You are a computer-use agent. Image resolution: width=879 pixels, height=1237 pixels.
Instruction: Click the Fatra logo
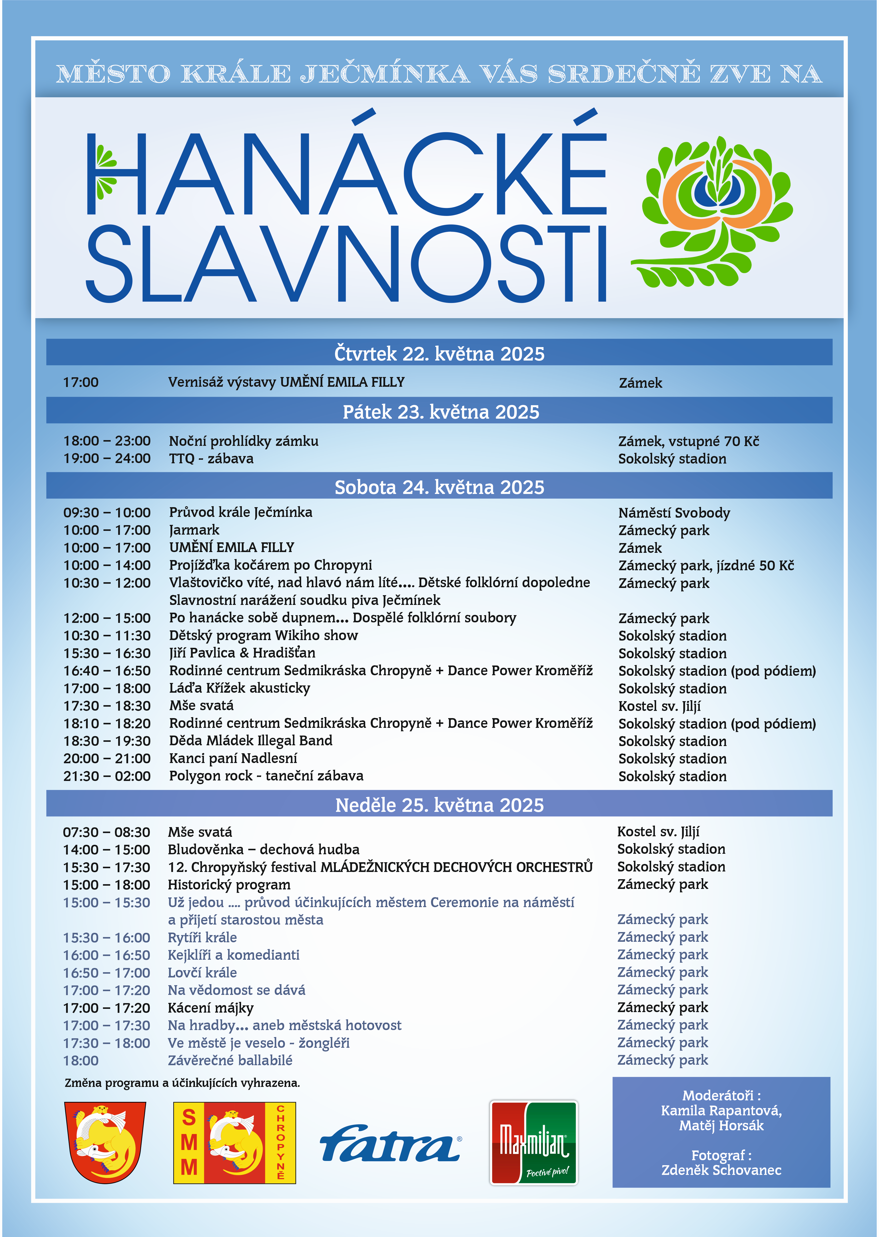(390, 1143)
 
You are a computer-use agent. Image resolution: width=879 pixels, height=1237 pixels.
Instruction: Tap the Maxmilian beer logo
(534, 1142)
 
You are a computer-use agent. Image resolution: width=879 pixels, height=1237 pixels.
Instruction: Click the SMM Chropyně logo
(234, 1142)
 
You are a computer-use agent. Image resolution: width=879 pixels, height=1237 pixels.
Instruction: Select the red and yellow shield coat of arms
(105, 1142)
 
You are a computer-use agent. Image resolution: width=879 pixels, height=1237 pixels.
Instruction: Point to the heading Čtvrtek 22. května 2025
(439, 354)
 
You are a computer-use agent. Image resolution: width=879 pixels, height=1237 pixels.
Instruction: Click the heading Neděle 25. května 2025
(439, 805)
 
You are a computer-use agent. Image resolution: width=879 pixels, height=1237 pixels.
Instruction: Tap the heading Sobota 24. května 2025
(439, 487)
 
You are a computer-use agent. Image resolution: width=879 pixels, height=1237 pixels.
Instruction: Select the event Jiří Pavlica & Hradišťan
(242, 653)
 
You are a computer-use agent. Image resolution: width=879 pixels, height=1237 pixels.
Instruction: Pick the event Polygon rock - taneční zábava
(266, 776)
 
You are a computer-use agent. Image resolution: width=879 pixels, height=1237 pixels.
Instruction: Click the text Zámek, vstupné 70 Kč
(689, 441)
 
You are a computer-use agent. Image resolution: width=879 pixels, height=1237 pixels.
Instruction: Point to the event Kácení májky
(211, 1007)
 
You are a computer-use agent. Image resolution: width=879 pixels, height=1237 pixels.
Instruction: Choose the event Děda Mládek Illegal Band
(251, 741)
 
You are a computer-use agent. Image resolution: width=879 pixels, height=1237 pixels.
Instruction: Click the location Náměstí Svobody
(674, 513)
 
